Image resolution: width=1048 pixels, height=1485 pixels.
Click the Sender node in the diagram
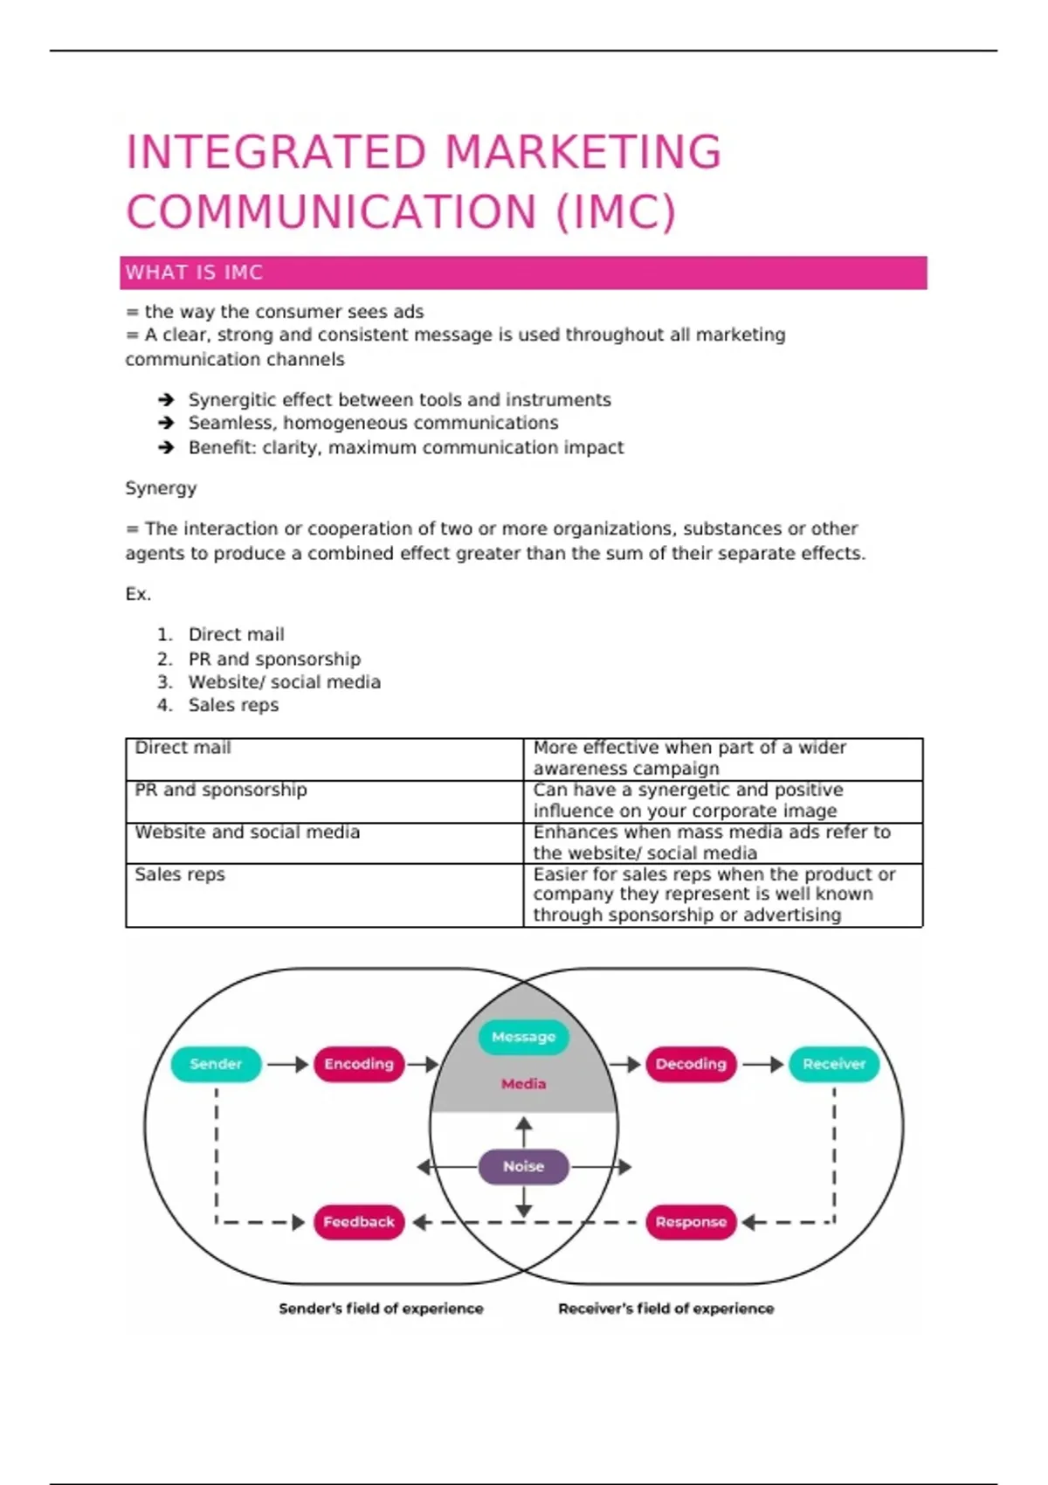[216, 1064]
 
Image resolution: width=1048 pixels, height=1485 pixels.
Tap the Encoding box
[359, 1064]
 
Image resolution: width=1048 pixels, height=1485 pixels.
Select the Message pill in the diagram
[523, 1037]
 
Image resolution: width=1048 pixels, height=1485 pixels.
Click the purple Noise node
[523, 1166]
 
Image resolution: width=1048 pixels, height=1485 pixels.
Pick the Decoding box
[691, 1064]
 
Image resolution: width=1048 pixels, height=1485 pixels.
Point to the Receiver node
[834, 1064]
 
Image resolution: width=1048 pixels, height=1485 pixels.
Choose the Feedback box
[359, 1222]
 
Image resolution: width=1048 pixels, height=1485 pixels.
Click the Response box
[691, 1222]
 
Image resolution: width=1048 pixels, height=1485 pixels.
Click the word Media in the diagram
[523, 1084]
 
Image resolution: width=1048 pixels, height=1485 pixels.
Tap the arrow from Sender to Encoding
[287, 1064]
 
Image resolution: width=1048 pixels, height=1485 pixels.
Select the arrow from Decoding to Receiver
[762, 1064]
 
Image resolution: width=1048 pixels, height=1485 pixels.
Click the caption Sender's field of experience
[381, 1309]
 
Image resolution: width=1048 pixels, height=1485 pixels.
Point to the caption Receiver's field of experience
[665, 1309]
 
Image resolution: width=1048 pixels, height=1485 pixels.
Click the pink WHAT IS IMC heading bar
[523, 273]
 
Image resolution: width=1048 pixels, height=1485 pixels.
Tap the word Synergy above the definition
[161, 488]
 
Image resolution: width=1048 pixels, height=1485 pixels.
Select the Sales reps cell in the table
[180, 874]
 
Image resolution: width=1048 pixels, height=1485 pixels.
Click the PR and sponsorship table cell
[221, 790]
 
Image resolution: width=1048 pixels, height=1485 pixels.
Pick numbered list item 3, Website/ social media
[284, 682]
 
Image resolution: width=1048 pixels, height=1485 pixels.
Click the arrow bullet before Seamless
[166, 423]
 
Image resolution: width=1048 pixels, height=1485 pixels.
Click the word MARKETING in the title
[583, 152]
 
